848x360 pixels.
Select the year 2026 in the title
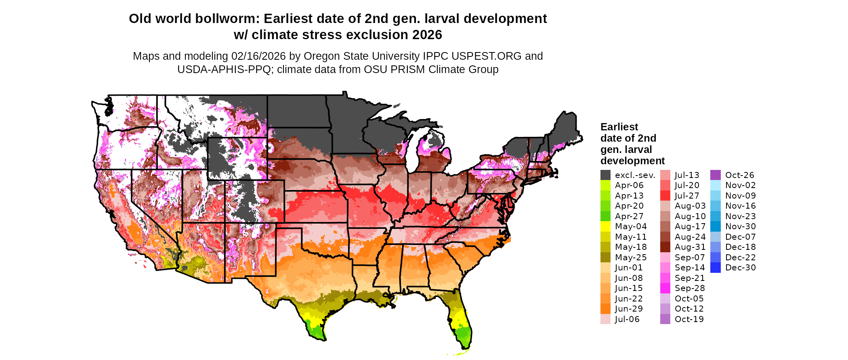click(427, 35)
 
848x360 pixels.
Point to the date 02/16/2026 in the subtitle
click(258, 56)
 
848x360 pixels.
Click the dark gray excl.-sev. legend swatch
click(605, 175)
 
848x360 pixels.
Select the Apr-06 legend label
click(629, 185)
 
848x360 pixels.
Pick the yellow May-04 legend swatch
click(605, 226)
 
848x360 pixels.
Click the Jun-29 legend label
click(629, 309)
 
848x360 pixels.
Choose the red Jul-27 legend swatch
click(665, 196)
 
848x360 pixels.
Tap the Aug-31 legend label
click(690, 247)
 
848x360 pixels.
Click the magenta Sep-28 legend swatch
click(665, 288)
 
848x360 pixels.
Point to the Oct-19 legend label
click(689, 319)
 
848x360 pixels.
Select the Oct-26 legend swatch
click(715, 175)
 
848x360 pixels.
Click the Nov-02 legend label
click(740, 185)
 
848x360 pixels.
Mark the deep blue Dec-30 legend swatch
click(715, 268)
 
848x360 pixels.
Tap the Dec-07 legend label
click(740, 237)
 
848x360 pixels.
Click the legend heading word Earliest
click(619, 127)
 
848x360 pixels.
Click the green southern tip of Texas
click(315, 331)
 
